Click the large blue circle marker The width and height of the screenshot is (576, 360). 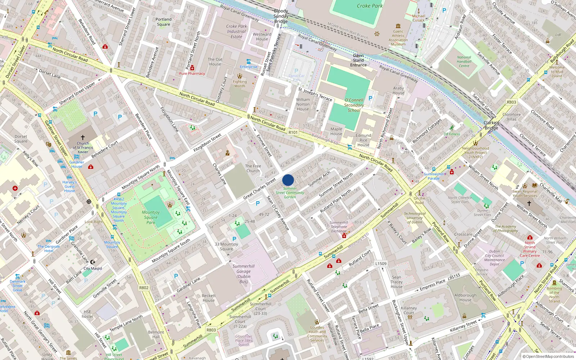[288, 180]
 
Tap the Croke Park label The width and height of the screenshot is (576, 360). [370, 6]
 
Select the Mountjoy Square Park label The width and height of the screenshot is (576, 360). [151, 217]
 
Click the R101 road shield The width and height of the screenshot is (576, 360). [293, 132]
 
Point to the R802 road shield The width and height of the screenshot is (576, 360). [144, 288]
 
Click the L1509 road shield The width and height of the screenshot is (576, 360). [381, 264]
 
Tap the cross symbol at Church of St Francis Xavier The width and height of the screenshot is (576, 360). [82, 137]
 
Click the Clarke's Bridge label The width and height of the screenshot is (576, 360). [491, 125]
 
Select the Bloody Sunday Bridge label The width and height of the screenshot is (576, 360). [281, 16]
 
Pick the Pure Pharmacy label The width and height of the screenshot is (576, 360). [192, 73]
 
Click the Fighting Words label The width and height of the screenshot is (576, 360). [240, 84]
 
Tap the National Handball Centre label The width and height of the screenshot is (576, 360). [464, 62]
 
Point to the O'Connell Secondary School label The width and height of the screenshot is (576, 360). [354, 105]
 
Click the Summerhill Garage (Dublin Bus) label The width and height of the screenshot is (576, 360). [243, 274]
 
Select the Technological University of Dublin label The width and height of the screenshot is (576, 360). [415, 218]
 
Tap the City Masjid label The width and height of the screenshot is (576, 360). [93, 268]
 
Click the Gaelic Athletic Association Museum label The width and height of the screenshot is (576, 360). [398, 37]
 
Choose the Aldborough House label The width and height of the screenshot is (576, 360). [465, 297]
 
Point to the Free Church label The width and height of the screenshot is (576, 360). [253, 168]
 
